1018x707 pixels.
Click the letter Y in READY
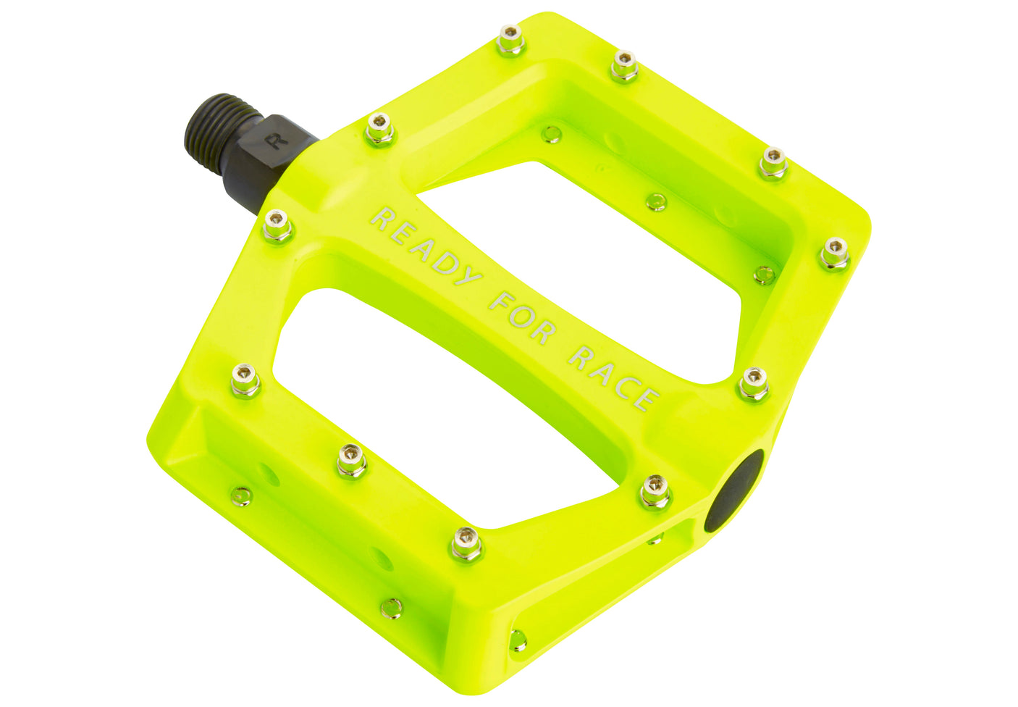tap(468, 277)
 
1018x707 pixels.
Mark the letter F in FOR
tap(501, 300)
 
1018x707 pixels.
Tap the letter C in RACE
tap(625, 385)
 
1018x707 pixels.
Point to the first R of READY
tap(382, 217)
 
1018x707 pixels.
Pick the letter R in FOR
tap(544, 330)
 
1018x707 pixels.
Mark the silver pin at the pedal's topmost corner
tap(510, 39)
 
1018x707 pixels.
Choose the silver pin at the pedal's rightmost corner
tap(834, 251)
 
